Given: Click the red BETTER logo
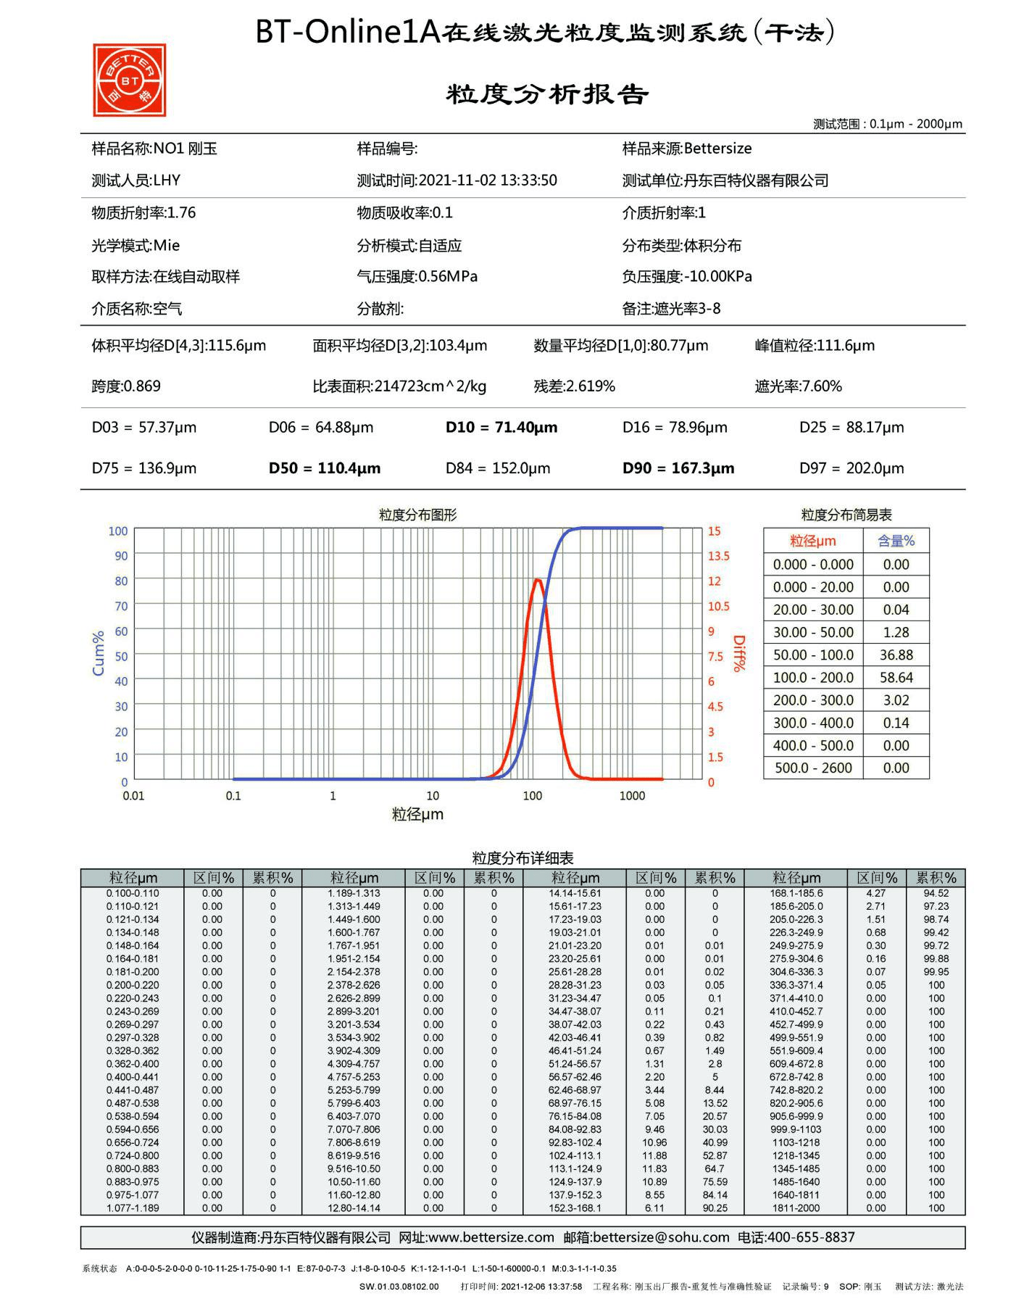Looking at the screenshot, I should point(129,80).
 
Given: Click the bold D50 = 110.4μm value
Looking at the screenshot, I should point(324,468).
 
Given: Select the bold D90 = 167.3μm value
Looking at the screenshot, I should point(678,468).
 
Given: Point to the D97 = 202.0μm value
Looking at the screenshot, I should point(851,468).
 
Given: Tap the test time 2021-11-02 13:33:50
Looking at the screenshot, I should point(488,180).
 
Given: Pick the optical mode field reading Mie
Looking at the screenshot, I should point(167,246).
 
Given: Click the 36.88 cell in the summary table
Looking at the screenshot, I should point(896,655).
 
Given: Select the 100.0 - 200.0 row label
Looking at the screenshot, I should point(813,678).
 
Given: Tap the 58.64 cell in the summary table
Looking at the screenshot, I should point(896,678).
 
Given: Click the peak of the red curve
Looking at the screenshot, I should point(538,580).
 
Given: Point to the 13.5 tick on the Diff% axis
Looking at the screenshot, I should point(718,556).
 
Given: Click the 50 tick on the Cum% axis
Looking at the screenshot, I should point(121,657).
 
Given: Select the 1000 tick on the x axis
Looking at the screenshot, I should point(632,796).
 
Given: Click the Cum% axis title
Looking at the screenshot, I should point(98,653).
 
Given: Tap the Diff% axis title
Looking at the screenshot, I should point(738,653).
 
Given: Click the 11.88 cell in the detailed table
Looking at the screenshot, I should point(654,1155).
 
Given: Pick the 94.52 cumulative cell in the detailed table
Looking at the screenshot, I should point(936,894).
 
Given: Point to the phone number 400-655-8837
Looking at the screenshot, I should point(811,1237).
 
